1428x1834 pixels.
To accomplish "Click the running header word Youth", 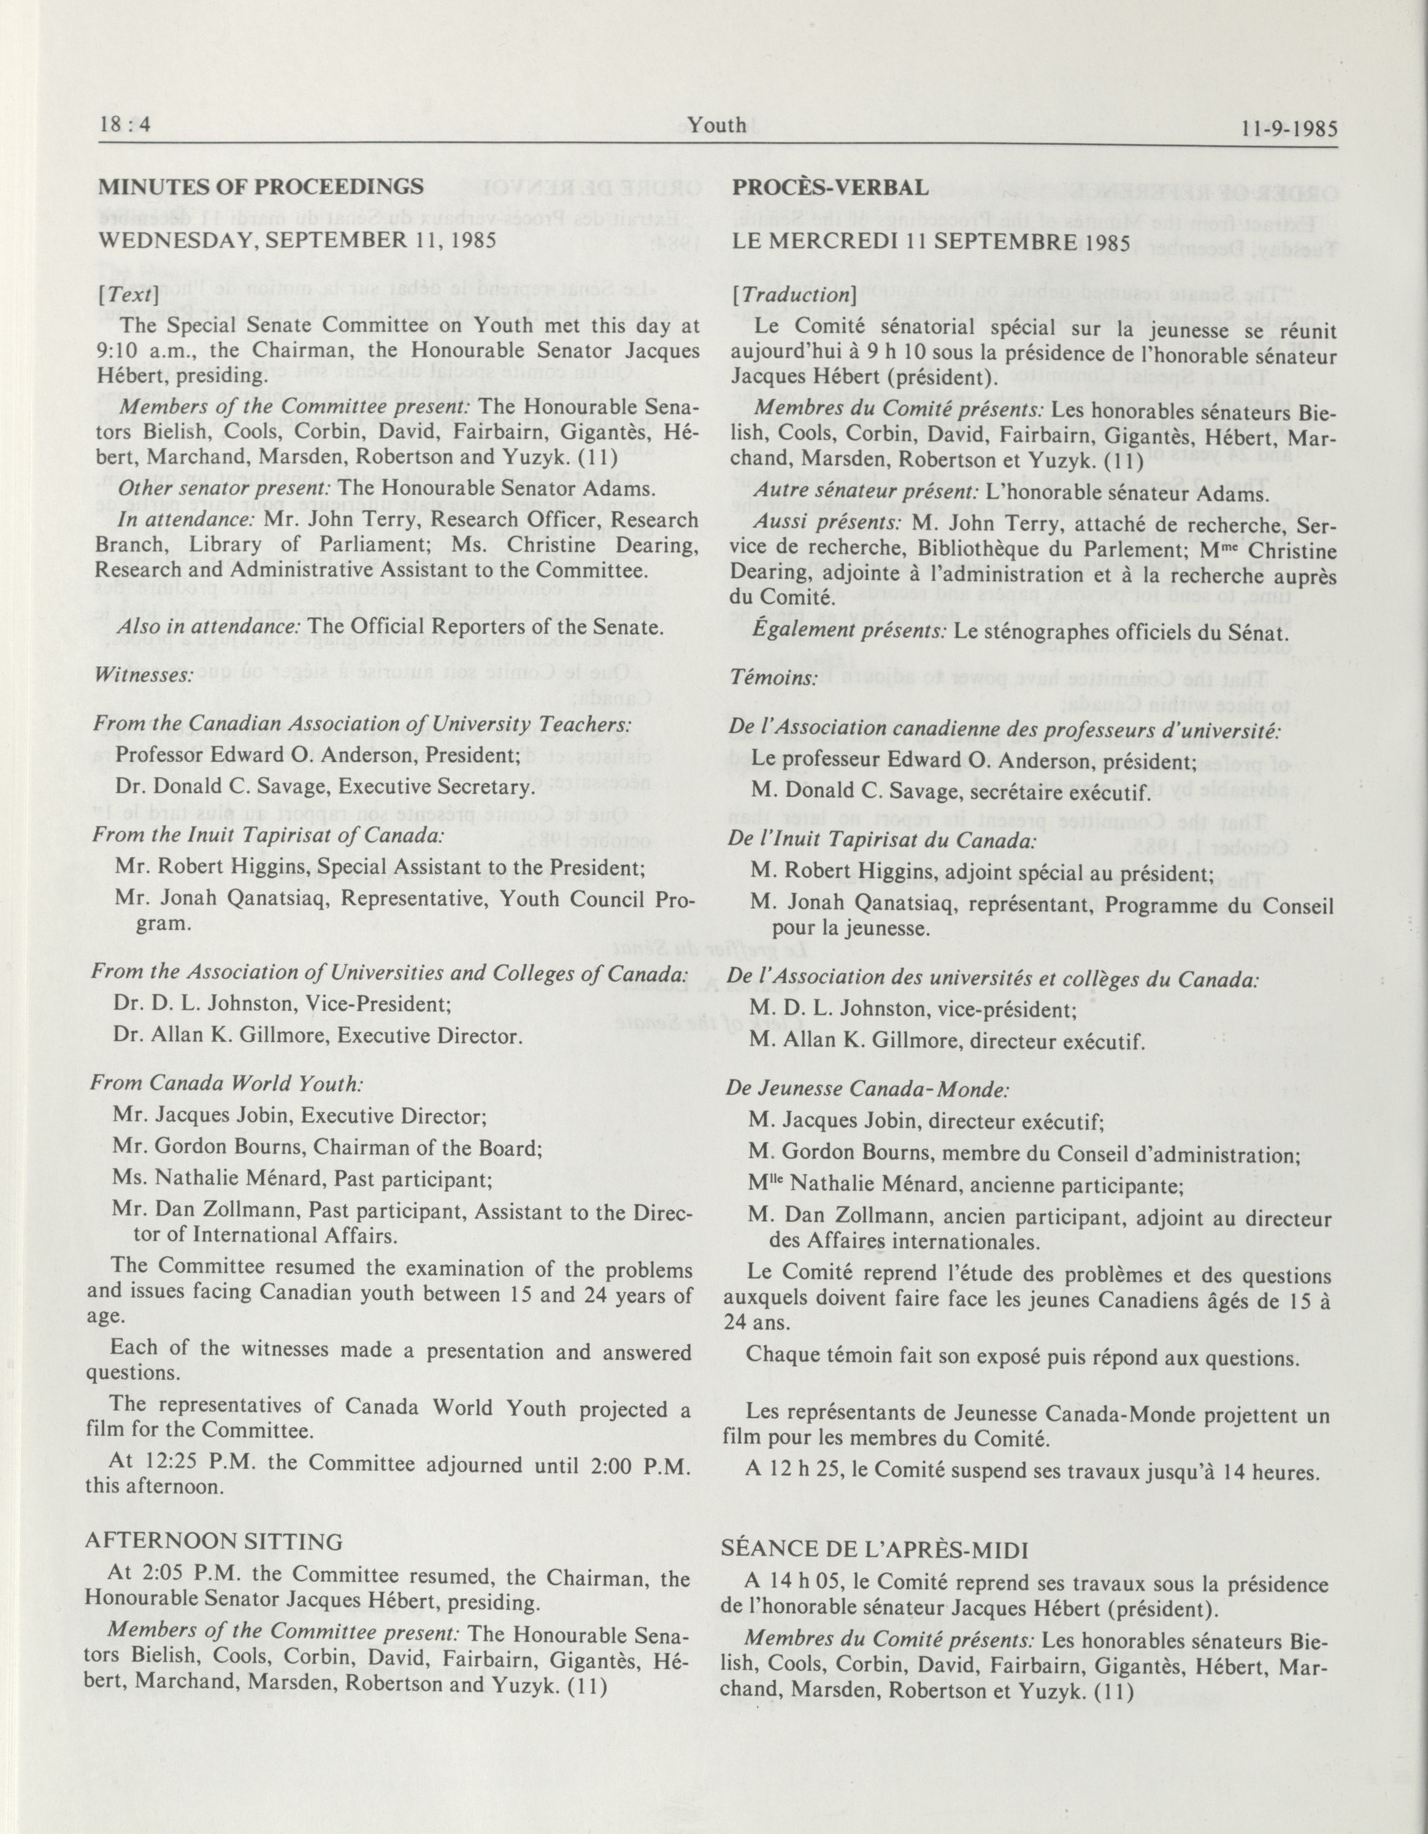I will click(x=716, y=125).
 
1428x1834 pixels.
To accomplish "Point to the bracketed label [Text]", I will click(x=128, y=296).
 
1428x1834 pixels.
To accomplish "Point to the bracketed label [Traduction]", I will click(x=792, y=296).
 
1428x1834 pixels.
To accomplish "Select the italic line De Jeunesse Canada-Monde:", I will click(x=867, y=1090).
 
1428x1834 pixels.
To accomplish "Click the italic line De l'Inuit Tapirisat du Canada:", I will click(x=881, y=839).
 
